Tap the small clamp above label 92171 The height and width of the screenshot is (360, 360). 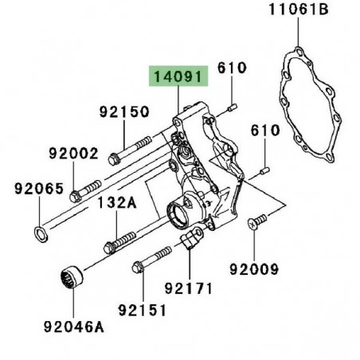tap(192, 239)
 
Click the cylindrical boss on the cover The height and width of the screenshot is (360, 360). tap(183, 214)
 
